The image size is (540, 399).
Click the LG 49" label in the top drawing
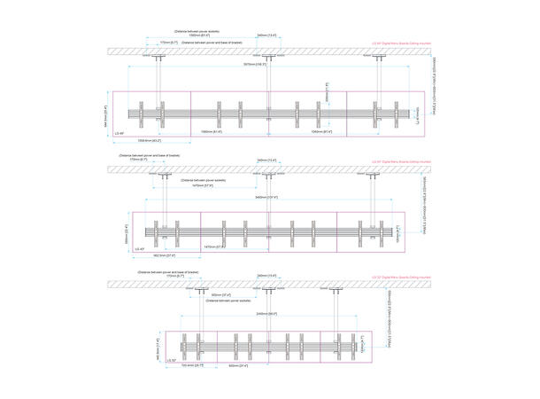tap(120, 133)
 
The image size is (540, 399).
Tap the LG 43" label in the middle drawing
tap(140, 248)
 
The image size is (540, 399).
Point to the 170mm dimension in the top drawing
tap(168, 42)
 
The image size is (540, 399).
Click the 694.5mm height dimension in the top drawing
tap(107, 113)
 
